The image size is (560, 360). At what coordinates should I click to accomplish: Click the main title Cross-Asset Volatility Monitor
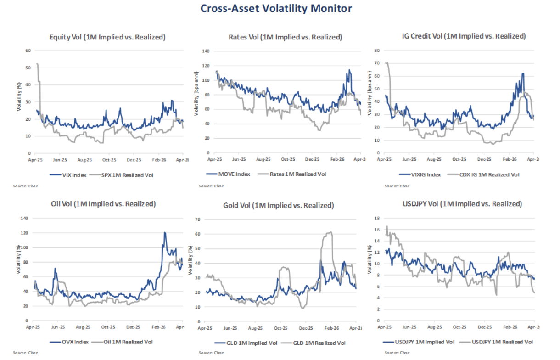coord(276,8)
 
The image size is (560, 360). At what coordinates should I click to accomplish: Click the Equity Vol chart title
coord(107,37)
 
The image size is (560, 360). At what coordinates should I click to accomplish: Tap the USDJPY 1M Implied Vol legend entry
coord(418,342)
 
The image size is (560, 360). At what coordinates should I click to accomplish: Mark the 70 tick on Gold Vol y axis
coord(197,219)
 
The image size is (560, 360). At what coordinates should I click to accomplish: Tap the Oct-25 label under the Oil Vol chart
coord(108,327)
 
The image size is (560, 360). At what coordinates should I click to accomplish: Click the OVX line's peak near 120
coord(165,233)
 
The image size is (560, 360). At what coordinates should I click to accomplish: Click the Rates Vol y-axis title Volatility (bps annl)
coord(196,94)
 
